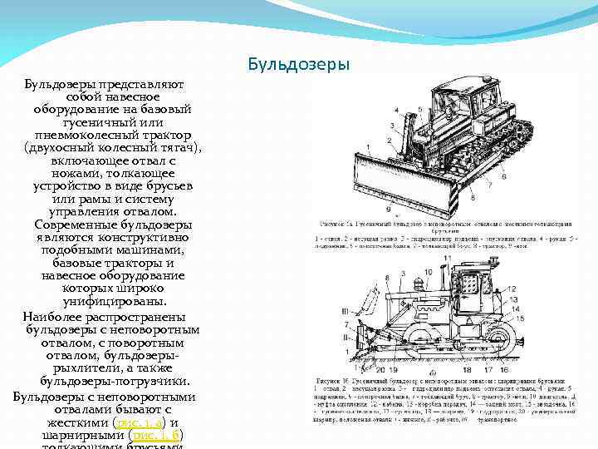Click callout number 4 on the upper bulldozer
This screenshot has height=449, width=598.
click(396, 110)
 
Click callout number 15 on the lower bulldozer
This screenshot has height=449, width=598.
click(518, 318)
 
